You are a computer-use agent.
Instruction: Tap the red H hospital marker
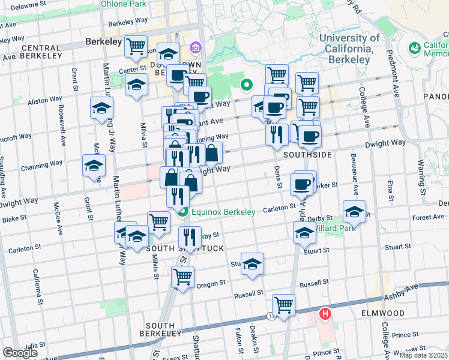pos(325,313)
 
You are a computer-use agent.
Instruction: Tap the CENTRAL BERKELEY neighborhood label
pos(41,52)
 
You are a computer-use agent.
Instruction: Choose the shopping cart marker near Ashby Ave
pos(283,304)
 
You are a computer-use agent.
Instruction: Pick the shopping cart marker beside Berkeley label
pos(136,45)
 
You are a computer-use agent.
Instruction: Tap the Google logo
pos(20,353)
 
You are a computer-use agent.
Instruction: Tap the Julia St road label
pos(28,345)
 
